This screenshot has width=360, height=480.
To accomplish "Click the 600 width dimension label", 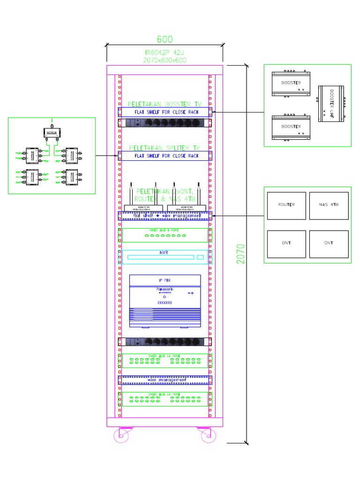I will click(165, 39).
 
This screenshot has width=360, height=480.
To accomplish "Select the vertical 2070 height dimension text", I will click(240, 253).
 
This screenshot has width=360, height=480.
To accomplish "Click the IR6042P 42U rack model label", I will click(165, 53).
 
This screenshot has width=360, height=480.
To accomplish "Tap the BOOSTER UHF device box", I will click(331, 104).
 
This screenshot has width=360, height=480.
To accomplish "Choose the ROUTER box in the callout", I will click(286, 205).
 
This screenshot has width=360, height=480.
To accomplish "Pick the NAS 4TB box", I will click(329, 205).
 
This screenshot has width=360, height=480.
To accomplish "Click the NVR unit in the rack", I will click(164, 257).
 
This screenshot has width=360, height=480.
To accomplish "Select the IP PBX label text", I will click(164, 280).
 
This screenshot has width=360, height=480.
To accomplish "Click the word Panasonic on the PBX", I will click(165, 289).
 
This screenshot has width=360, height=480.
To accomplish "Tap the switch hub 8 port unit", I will click(165, 235).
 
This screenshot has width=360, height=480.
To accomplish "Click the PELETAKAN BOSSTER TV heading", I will click(164, 104).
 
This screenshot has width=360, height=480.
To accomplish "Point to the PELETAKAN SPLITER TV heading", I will click(164, 148).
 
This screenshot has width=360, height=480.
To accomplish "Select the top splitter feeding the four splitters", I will click(52, 132).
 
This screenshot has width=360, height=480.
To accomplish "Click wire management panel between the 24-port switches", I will click(165, 379).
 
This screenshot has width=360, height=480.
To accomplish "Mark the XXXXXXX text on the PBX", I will click(164, 303).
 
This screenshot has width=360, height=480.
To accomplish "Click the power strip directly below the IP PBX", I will click(165, 342).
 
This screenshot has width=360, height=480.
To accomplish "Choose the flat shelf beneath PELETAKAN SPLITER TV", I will click(165, 156).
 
